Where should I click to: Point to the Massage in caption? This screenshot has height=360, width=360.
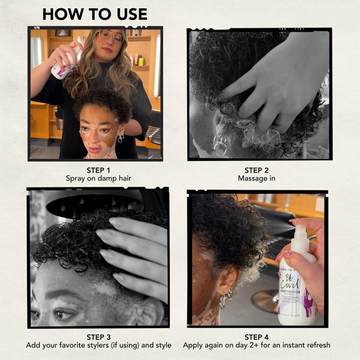tap(259, 179)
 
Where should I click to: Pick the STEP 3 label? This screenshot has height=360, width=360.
tap(98, 337)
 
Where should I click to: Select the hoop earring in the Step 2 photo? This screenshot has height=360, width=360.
tap(220, 145)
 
